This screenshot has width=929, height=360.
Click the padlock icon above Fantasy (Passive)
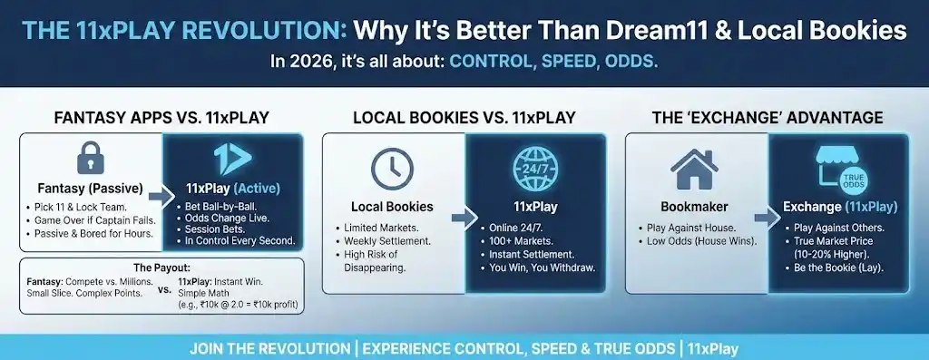[x=91, y=159]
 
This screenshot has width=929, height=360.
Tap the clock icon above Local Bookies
[x=392, y=168]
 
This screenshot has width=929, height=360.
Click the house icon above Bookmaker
[x=694, y=169]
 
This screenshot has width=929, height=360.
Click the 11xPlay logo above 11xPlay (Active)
[x=232, y=159]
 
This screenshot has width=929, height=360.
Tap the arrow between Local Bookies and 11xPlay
[x=464, y=218]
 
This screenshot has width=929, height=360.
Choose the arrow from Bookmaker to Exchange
[x=768, y=218]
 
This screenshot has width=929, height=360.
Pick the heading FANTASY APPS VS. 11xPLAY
[x=161, y=117]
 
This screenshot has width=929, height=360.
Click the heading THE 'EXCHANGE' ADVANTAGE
[x=768, y=117]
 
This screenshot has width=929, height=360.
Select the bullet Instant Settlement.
[x=532, y=255]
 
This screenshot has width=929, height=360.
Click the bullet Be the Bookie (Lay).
[x=836, y=268]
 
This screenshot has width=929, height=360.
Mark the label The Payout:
[x=161, y=267]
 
